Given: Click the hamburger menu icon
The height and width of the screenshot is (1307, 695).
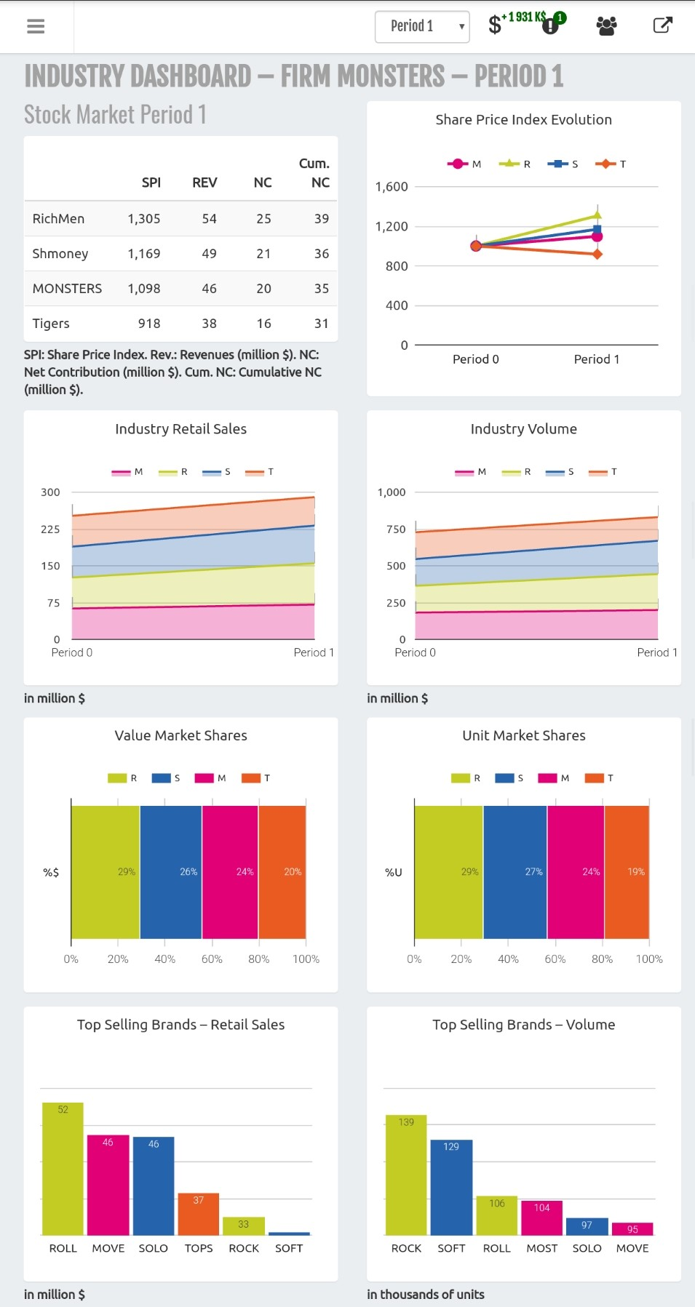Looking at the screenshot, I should point(36,26).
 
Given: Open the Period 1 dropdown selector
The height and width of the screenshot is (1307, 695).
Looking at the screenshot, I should point(422,27).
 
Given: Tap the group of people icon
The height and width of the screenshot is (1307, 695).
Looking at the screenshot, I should point(606,26).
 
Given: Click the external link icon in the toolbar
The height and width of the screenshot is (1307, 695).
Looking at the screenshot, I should point(662,25).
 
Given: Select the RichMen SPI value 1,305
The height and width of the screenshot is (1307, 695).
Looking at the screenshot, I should point(144,219).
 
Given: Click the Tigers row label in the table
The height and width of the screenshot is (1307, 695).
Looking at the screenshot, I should point(51,324).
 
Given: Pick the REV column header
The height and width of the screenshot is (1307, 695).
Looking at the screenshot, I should point(204,183).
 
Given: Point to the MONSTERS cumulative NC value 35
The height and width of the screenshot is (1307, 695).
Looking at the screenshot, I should point(321,289).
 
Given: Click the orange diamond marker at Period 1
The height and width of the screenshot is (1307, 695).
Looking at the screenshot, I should point(597,255).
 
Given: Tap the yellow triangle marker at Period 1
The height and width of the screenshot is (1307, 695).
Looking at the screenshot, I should point(597,215).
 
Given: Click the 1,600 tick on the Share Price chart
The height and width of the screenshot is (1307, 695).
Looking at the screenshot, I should point(392,187).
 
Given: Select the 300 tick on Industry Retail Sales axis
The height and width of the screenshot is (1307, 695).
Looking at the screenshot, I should point(50,492).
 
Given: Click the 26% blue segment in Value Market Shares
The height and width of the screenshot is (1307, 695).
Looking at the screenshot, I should point(171,871).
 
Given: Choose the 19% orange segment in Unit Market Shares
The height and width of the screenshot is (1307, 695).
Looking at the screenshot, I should point(627,871).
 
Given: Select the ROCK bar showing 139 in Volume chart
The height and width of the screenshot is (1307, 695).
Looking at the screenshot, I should point(406,1175).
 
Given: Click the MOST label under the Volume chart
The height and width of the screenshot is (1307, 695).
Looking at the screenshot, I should point(542,1248).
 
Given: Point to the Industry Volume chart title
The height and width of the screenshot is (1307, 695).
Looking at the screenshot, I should point(523,429).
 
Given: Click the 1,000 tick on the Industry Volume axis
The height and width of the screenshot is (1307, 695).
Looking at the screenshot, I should point(392,492).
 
